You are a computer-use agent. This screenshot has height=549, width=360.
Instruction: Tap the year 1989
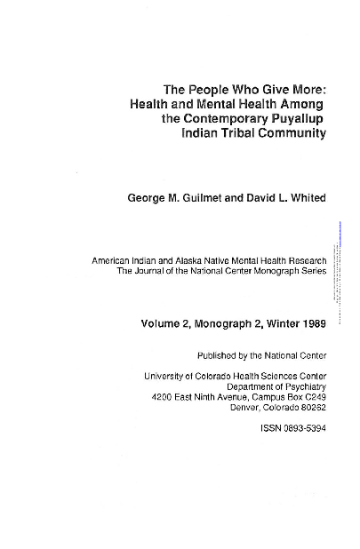click(309, 323)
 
